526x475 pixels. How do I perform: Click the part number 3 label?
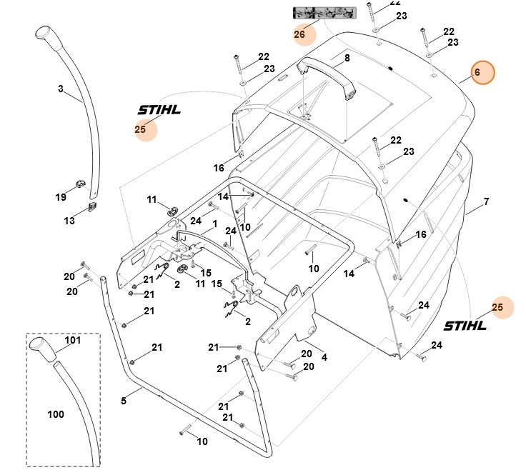pyautogui.click(x=61, y=89)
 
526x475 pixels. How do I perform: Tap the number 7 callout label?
pyautogui.click(x=486, y=202)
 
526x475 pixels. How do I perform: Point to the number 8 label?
pyautogui.click(x=347, y=58)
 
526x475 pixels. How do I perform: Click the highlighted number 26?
pyautogui.click(x=299, y=34)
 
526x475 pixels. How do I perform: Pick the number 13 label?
pyautogui.click(x=69, y=221)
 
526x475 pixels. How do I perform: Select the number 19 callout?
pyautogui.click(x=61, y=196)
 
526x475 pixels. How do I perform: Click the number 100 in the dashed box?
pyautogui.click(x=55, y=414)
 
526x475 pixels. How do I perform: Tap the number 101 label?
pyautogui.click(x=74, y=341)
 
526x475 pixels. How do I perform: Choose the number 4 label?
pyautogui.click(x=324, y=356)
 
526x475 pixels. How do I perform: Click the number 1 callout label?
pyautogui.click(x=213, y=224)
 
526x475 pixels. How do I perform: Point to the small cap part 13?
pyautogui.click(x=92, y=206)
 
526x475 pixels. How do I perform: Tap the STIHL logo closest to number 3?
pyautogui.click(x=159, y=111)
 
